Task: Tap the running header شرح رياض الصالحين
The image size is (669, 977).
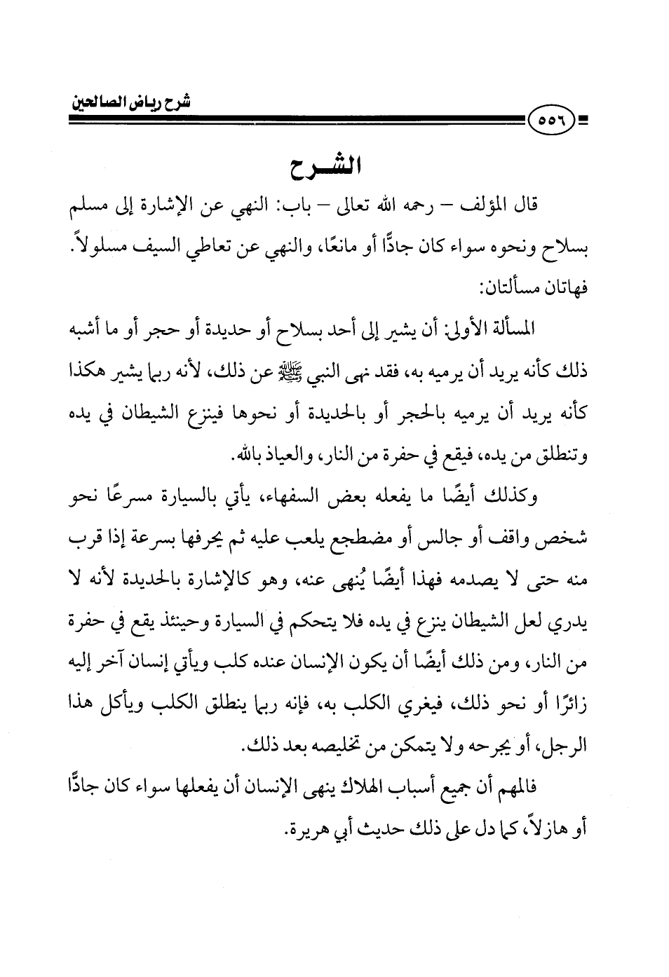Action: pyautogui.click(x=133, y=102)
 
